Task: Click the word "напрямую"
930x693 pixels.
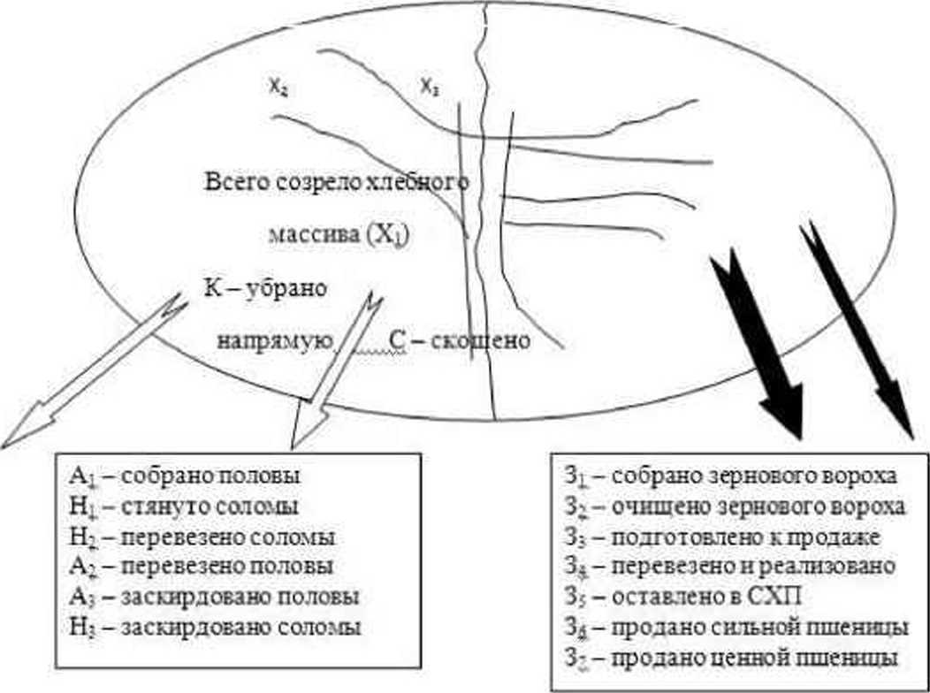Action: pos(275,340)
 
